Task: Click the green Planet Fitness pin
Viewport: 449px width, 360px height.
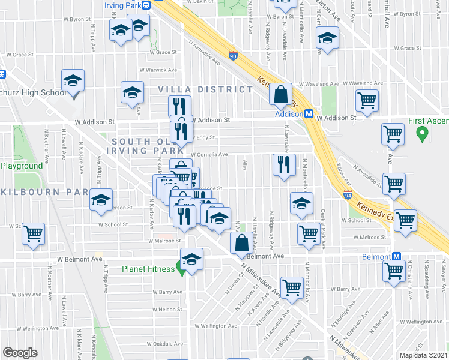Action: tap(180, 268)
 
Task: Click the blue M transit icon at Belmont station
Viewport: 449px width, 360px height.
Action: tap(397, 256)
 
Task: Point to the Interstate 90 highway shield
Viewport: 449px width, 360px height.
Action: tap(233, 56)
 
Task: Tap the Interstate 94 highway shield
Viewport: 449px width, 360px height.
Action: tap(348, 195)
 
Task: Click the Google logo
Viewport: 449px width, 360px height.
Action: tap(20, 352)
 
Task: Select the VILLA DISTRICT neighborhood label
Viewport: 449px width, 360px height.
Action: tap(205, 89)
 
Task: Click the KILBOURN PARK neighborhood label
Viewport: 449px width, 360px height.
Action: tap(44, 192)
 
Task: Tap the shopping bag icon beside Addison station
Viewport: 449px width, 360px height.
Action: tap(280, 94)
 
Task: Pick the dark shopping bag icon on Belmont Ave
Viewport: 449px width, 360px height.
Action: tap(241, 243)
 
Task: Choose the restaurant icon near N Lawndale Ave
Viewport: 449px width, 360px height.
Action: tap(284, 164)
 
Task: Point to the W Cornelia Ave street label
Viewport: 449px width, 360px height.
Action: tap(209, 155)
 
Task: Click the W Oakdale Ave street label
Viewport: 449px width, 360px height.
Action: tap(164, 344)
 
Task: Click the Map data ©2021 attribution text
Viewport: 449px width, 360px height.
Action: tap(423, 355)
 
